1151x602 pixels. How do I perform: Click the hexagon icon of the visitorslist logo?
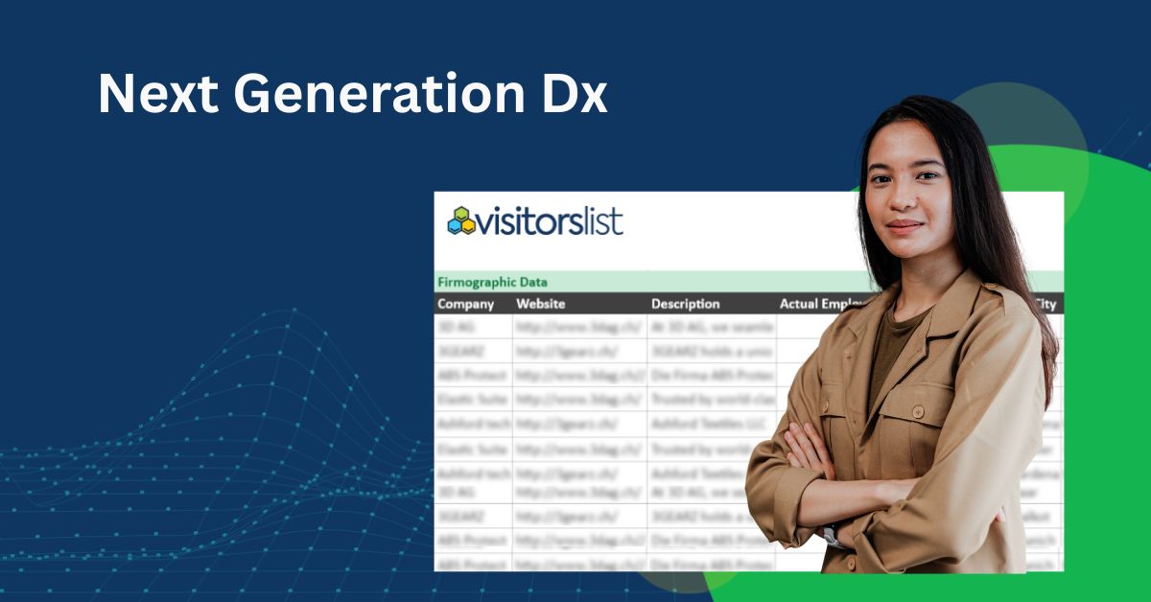click(x=461, y=220)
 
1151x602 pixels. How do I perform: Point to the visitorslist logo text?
click(x=551, y=221)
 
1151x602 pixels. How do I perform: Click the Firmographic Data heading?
click(x=492, y=282)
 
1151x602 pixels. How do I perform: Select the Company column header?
click(x=466, y=304)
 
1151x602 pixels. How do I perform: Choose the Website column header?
click(x=541, y=304)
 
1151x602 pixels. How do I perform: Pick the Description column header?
click(x=685, y=304)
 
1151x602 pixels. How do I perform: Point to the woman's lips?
click(x=904, y=225)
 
